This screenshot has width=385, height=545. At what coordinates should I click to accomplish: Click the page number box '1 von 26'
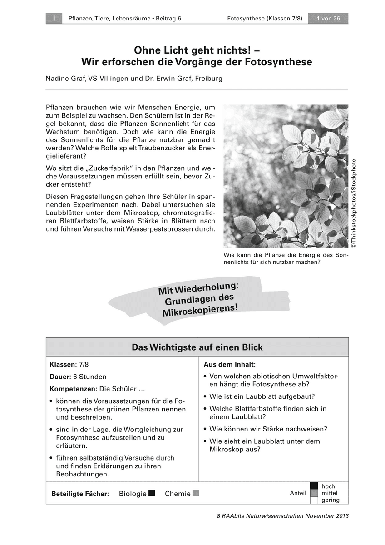(x=328, y=18)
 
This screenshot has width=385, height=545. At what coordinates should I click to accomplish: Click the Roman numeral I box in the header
(x=54, y=18)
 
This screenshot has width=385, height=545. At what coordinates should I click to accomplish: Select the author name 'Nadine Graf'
(x=64, y=79)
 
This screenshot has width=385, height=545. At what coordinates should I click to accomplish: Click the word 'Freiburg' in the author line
(x=208, y=79)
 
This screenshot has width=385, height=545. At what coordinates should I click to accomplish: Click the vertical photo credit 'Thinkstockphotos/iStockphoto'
(x=353, y=203)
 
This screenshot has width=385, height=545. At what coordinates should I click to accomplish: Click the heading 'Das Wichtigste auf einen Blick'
(x=197, y=347)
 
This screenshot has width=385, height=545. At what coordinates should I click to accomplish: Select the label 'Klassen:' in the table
(x=63, y=365)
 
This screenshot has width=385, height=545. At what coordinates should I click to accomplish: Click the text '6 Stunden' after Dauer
(x=90, y=377)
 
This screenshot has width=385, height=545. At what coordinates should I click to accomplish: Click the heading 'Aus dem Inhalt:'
(x=229, y=365)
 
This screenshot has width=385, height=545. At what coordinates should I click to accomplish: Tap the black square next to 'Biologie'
(x=152, y=493)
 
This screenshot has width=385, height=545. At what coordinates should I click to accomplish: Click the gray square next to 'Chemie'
(x=196, y=493)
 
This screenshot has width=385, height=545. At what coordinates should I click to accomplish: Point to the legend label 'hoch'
(x=328, y=486)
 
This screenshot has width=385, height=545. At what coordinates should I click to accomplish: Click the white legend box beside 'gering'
(x=314, y=500)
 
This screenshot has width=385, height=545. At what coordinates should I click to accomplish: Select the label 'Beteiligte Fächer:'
(x=80, y=494)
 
